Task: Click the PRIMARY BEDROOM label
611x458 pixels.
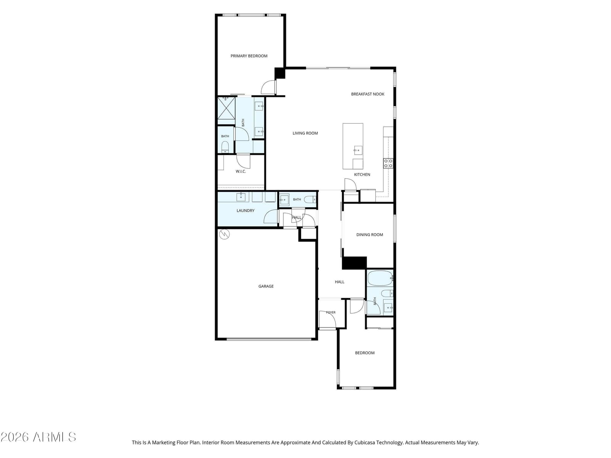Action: [249, 56]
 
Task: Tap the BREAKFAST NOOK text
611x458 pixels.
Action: [367, 94]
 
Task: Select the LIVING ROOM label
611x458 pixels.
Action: [305, 133]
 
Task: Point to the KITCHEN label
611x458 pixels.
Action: [362, 175]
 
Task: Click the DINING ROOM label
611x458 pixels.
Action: [369, 235]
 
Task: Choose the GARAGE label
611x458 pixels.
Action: [266, 286]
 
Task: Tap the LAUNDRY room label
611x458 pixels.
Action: [245, 211]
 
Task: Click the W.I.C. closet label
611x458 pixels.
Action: [241, 171]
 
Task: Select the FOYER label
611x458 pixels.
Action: [331, 312]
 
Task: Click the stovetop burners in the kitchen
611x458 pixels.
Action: [388, 163]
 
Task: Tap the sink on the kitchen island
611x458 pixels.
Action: [358, 150]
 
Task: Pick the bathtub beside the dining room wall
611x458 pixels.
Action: [380, 278]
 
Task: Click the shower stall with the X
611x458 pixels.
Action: [226, 111]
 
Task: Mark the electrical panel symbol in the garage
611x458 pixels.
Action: [224, 234]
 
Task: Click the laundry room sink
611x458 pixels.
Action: [241, 197]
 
